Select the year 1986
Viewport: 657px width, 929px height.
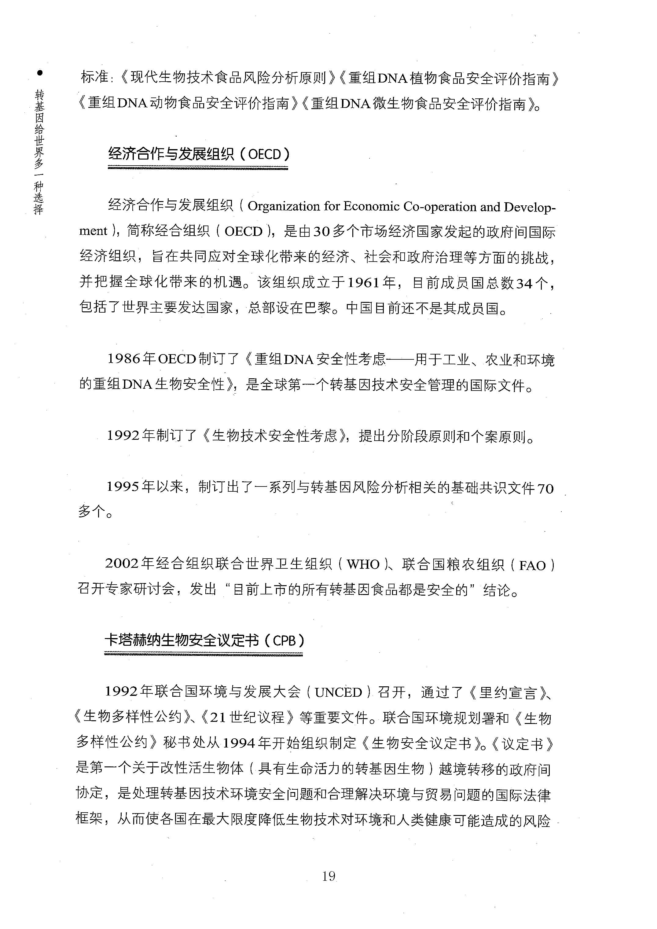(124, 359)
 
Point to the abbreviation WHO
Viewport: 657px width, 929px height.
(363, 564)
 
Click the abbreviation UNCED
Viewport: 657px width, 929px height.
(338, 692)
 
